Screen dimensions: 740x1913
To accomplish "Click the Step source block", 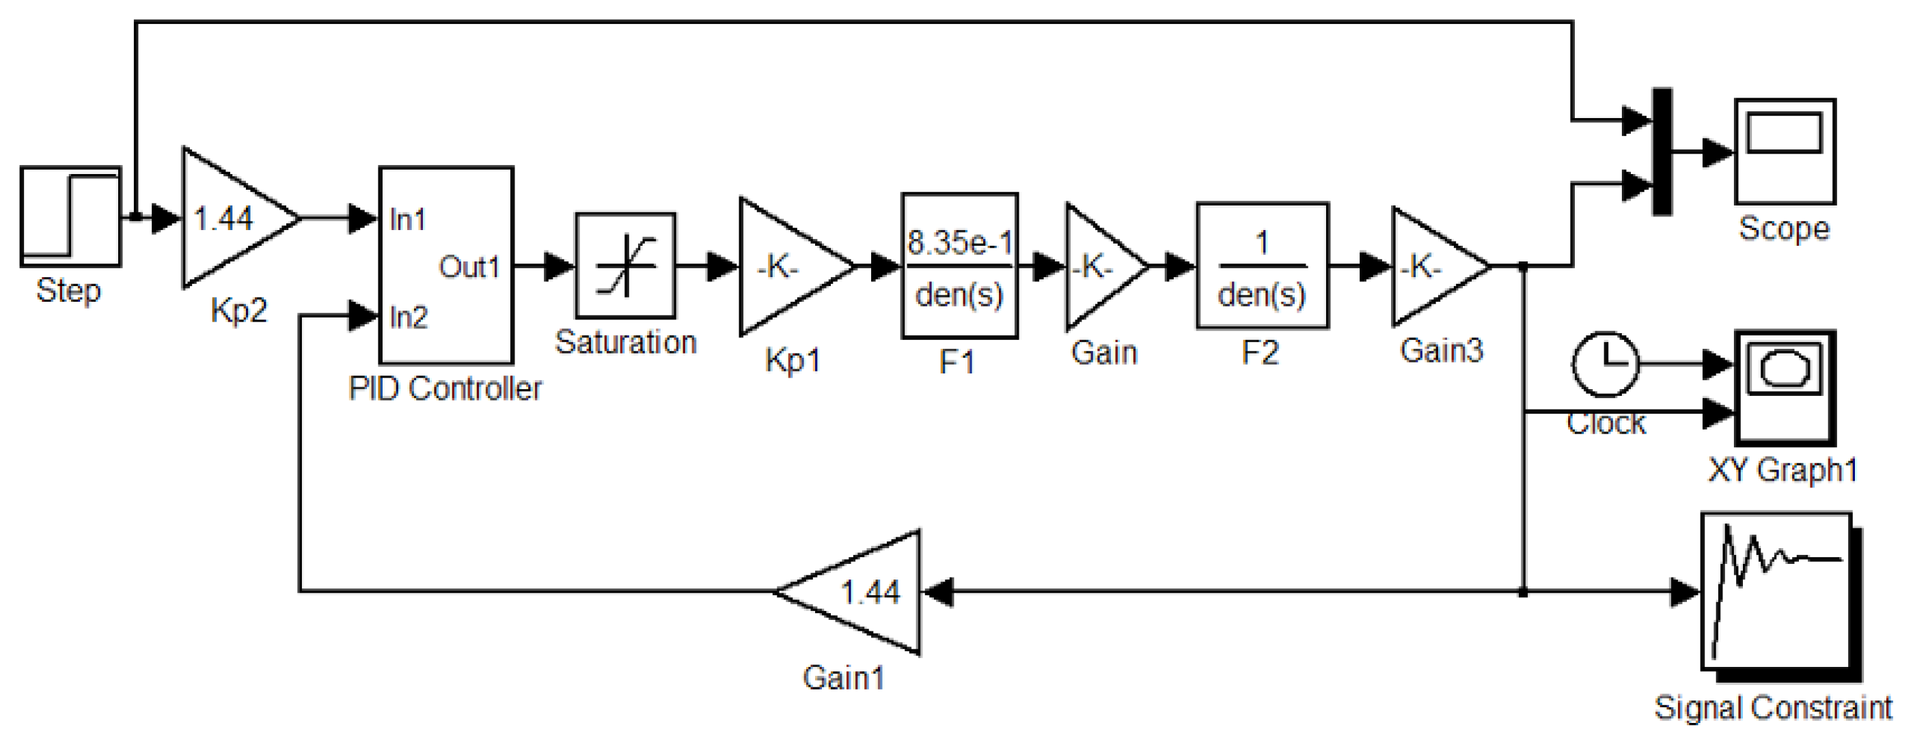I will point(70,216).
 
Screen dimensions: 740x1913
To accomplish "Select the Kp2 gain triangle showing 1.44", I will point(230,218).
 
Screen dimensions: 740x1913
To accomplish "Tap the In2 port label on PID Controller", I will point(408,317).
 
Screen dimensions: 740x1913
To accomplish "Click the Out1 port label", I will point(469,267).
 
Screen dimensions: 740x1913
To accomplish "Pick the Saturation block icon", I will point(625,266).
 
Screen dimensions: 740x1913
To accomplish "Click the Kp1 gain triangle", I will point(787,266).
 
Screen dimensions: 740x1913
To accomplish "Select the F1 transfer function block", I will point(959,266).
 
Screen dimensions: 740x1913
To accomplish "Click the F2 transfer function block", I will point(1262,266).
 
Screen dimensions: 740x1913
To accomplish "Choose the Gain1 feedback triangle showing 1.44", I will point(862,592).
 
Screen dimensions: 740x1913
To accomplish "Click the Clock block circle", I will point(1605,364).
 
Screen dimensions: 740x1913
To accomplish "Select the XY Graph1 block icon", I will point(1785,388).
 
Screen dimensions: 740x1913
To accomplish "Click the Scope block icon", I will point(1785,152).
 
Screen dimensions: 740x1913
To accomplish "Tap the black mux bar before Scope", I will point(1662,152).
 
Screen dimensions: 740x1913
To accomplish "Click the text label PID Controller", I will point(445,389).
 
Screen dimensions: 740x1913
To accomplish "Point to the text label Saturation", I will point(625,343).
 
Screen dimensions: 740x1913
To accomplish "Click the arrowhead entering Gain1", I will point(938,592).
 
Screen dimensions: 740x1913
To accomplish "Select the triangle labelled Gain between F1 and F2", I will point(1099,266).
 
